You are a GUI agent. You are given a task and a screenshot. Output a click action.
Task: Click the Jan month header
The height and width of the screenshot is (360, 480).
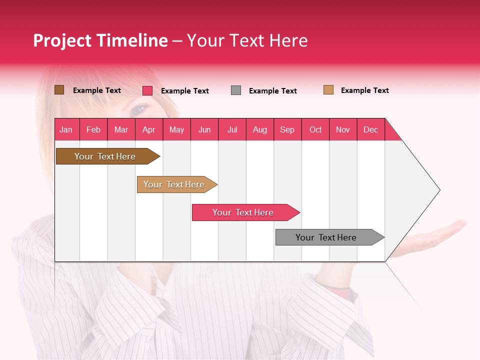(66, 129)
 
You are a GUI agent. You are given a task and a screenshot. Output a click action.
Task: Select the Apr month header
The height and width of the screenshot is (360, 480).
(148, 129)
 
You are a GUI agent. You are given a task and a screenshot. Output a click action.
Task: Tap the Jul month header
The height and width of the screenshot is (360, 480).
(232, 129)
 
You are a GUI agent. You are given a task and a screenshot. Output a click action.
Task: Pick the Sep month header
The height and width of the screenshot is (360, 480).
(287, 129)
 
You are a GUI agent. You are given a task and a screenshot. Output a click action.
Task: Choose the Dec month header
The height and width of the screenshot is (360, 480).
(370, 129)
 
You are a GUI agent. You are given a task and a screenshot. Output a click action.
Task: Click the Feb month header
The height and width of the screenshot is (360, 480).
(93, 129)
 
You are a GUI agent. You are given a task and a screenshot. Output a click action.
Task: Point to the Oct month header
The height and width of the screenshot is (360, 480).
(315, 129)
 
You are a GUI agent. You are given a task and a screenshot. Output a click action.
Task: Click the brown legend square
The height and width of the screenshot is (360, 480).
(59, 90)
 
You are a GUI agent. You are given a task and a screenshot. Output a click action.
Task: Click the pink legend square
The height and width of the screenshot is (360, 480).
(147, 90)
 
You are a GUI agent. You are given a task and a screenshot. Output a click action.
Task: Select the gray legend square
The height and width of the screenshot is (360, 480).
(236, 90)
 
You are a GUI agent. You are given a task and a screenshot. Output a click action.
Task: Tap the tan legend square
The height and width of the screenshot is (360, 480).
(328, 90)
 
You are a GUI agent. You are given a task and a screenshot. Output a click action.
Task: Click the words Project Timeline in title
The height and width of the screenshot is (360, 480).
(100, 40)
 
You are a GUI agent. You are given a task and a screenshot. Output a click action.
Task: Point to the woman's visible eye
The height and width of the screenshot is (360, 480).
(139, 108)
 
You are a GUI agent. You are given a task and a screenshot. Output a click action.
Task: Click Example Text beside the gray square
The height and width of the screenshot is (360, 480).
(273, 91)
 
